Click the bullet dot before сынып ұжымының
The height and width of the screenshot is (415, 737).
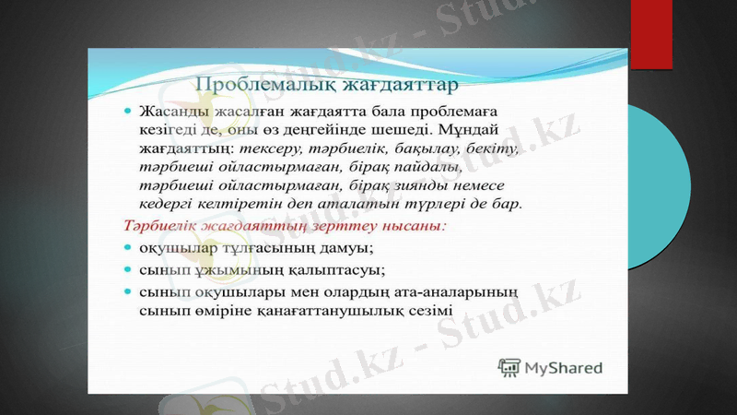(129, 269)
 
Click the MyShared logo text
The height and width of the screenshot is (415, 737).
(563, 368)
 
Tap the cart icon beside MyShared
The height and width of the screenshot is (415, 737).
(509, 367)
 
